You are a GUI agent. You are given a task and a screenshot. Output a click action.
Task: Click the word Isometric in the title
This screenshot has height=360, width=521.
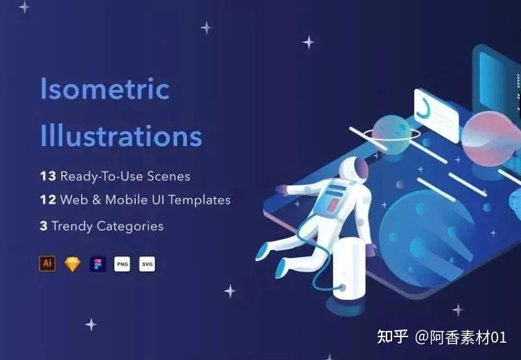pyautogui.click(x=105, y=89)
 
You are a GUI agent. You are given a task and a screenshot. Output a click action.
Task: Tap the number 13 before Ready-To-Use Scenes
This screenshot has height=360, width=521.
pyautogui.click(x=48, y=176)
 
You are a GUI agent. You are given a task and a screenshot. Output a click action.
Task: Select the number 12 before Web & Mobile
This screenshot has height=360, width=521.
pyautogui.click(x=48, y=199)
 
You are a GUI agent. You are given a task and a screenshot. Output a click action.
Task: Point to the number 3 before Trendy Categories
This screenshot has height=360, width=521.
pyautogui.click(x=44, y=226)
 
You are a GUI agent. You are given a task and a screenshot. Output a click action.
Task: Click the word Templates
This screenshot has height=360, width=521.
pyautogui.click(x=200, y=200)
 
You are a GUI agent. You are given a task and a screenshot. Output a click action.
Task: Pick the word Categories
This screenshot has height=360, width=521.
pyautogui.click(x=130, y=227)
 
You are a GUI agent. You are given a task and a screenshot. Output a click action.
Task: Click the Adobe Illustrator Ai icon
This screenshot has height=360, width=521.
pyautogui.click(x=47, y=264)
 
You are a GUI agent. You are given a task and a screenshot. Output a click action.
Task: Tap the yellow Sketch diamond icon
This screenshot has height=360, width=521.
pyautogui.click(x=73, y=264)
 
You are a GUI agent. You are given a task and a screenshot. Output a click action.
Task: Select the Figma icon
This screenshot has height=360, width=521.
pyautogui.click(x=98, y=264)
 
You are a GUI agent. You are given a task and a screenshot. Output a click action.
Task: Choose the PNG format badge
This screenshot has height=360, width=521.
pyautogui.click(x=122, y=264)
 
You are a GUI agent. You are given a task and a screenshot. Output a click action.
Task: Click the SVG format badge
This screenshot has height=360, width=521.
pyautogui.click(x=147, y=264)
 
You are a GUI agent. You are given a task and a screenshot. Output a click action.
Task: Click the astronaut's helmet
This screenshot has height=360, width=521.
pyautogui.click(x=354, y=170)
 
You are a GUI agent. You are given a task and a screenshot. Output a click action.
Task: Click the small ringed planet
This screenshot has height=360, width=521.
pyautogui.click(x=392, y=134)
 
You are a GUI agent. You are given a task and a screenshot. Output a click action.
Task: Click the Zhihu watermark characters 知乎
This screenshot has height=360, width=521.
pyautogui.click(x=392, y=336)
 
